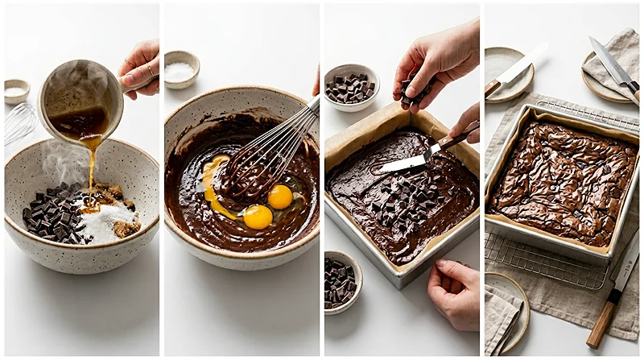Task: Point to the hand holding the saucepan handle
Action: tap(142, 68)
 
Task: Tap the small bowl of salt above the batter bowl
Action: tap(181, 69)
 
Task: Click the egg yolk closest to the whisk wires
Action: tap(279, 196)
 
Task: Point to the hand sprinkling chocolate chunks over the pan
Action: tap(439, 64)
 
